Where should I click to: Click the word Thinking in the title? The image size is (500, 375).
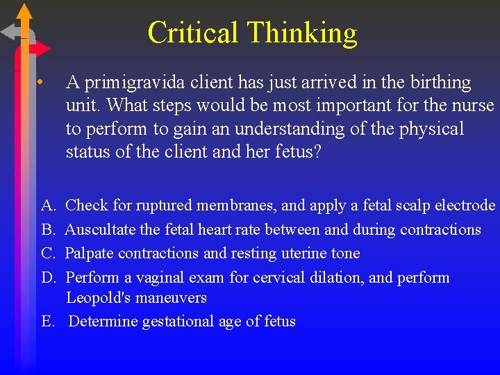coord(301,33)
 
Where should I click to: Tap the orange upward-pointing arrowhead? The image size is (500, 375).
coord(24,11)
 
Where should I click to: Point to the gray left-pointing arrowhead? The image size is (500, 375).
coord(8,32)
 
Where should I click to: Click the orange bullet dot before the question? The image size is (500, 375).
coord(42,83)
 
